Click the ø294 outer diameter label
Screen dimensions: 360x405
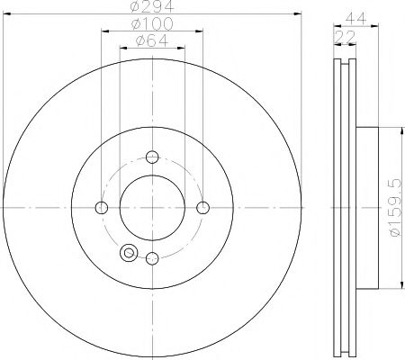pos(153,8)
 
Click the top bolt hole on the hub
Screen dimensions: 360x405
pos(152,155)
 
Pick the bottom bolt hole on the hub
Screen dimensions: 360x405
pos(152,259)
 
